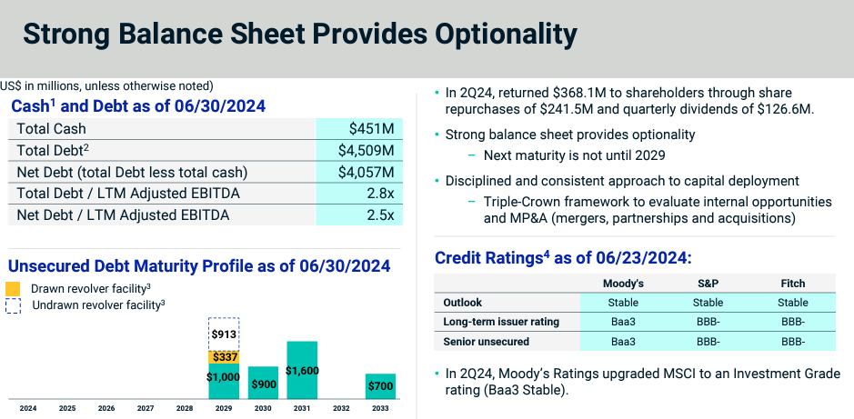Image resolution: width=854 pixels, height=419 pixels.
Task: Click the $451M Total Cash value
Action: [371, 129]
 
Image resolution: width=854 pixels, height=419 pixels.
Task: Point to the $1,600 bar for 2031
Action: [302, 370]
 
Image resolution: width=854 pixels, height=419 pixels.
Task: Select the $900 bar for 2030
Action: [263, 383]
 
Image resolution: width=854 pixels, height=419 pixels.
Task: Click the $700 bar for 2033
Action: [381, 386]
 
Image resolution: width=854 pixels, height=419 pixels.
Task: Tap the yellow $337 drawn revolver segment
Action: [224, 357]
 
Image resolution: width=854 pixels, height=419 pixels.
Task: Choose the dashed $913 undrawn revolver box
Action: [224, 334]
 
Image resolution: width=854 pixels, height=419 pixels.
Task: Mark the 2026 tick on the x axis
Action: [106, 409]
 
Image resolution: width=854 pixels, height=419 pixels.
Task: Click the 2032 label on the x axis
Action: [342, 409]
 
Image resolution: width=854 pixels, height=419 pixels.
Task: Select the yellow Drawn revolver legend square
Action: [13, 289]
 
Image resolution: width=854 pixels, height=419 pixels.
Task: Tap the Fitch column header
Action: [792, 283]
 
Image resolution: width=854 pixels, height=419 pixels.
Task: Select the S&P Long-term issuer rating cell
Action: [708, 321]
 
